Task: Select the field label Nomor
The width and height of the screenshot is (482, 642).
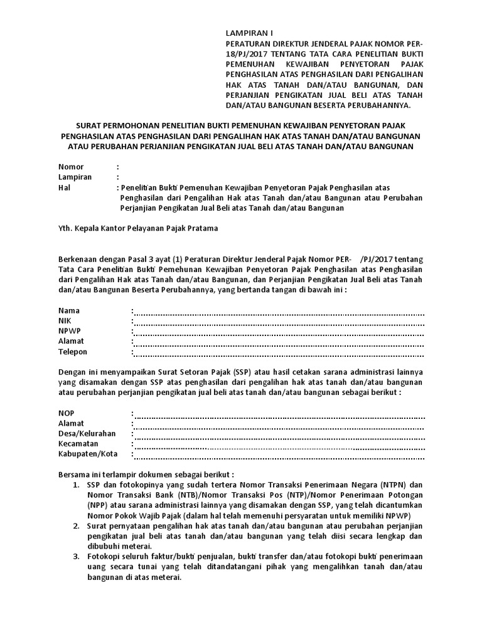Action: pyautogui.click(x=71, y=167)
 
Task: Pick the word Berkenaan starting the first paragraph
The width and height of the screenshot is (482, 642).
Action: pyautogui.click(x=80, y=260)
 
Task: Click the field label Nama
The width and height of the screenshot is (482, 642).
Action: pyautogui.click(x=69, y=311)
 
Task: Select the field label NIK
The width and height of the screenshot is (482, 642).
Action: pyautogui.click(x=65, y=321)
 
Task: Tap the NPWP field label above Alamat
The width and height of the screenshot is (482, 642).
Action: pyautogui.click(x=70, y=331)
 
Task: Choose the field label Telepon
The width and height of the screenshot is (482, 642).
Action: pyautogui.click(x=73, y=352)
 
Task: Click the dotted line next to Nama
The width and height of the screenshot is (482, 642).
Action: pyautogui.click(x=279, y=312)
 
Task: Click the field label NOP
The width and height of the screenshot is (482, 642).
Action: pyautogui.click(x=67, y=413)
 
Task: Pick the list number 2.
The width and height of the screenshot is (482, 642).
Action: pyautogui.click(x=76, y=525)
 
